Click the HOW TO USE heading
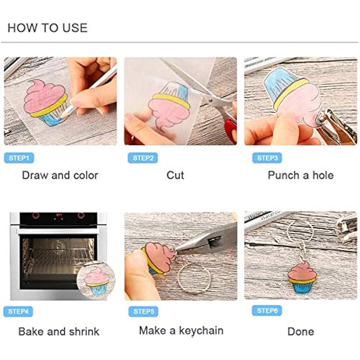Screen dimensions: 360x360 (48, 28)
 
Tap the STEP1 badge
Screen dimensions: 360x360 (20, 158)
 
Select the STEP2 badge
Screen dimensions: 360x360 (142, 158)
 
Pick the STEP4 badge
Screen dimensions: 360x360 (18, 312)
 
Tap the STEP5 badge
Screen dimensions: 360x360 (143, 311)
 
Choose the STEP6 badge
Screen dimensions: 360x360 (267, 311)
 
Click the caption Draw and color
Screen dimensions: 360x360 (60, 175)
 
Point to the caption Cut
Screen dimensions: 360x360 (175, 175)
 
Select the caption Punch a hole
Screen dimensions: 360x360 (300, 175)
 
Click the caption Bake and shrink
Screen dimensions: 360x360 (59, 332)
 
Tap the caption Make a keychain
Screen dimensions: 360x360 (181, 331)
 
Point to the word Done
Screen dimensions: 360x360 (300, 332)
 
